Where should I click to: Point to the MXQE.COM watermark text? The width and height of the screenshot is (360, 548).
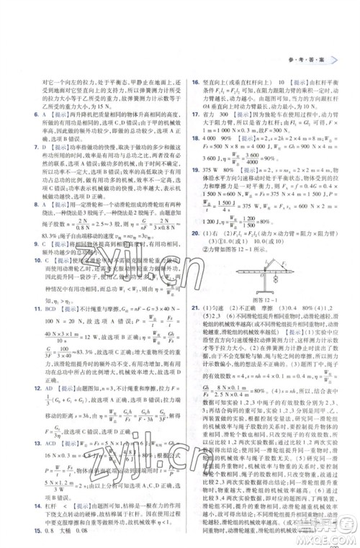tap(332, 537)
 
